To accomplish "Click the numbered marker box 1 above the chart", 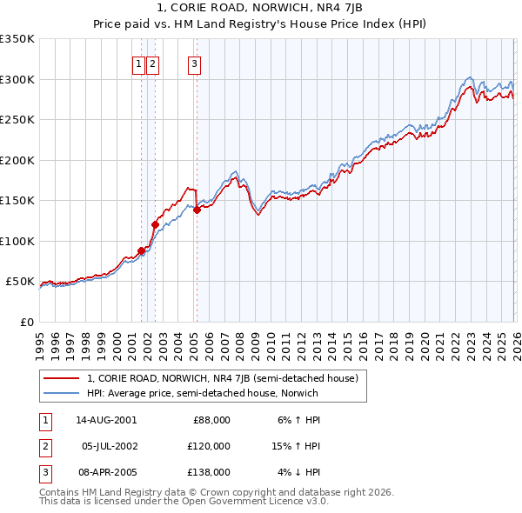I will tap(138, 63).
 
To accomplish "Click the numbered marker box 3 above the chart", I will tap(194, 63).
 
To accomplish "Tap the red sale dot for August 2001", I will tap(141, 251).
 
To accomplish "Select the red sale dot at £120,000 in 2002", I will tap(155, 225).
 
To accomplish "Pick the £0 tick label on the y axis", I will tap(26, 322).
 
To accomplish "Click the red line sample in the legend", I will tap(62, 378).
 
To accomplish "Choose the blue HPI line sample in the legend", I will tap(62, 393).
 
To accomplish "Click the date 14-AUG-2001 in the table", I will tap(106, 420).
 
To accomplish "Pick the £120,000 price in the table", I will tap(210, 446).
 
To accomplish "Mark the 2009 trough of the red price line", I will tap(258, 216).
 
